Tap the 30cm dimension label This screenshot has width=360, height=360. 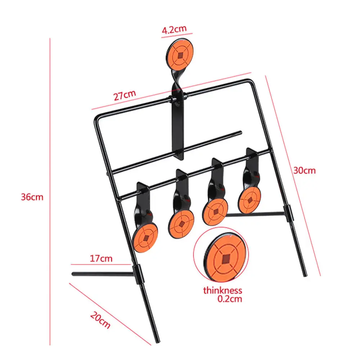[304, 170]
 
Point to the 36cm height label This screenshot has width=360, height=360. [32, 197]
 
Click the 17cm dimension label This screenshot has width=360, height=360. [102, 258]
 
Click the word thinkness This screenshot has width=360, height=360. [222, 291]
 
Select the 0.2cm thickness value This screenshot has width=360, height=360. [230, 299]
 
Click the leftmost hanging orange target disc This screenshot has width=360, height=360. [145, 238]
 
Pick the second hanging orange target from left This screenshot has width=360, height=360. [181, 223]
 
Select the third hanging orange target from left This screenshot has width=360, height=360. [215, 212]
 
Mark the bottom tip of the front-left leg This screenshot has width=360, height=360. [157, 340]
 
